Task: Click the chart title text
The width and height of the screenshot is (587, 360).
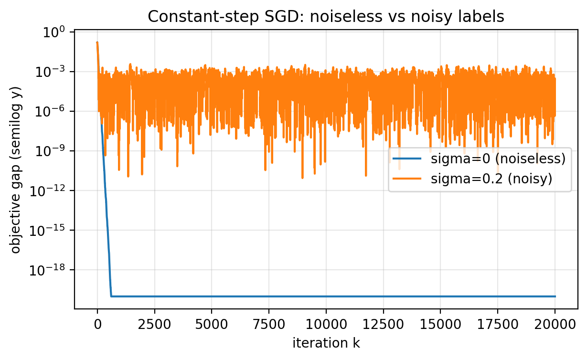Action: pos(326,17)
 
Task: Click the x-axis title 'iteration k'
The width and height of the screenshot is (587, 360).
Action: pos(326,343)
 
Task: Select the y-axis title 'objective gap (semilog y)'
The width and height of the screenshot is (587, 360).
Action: pos(16,170)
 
